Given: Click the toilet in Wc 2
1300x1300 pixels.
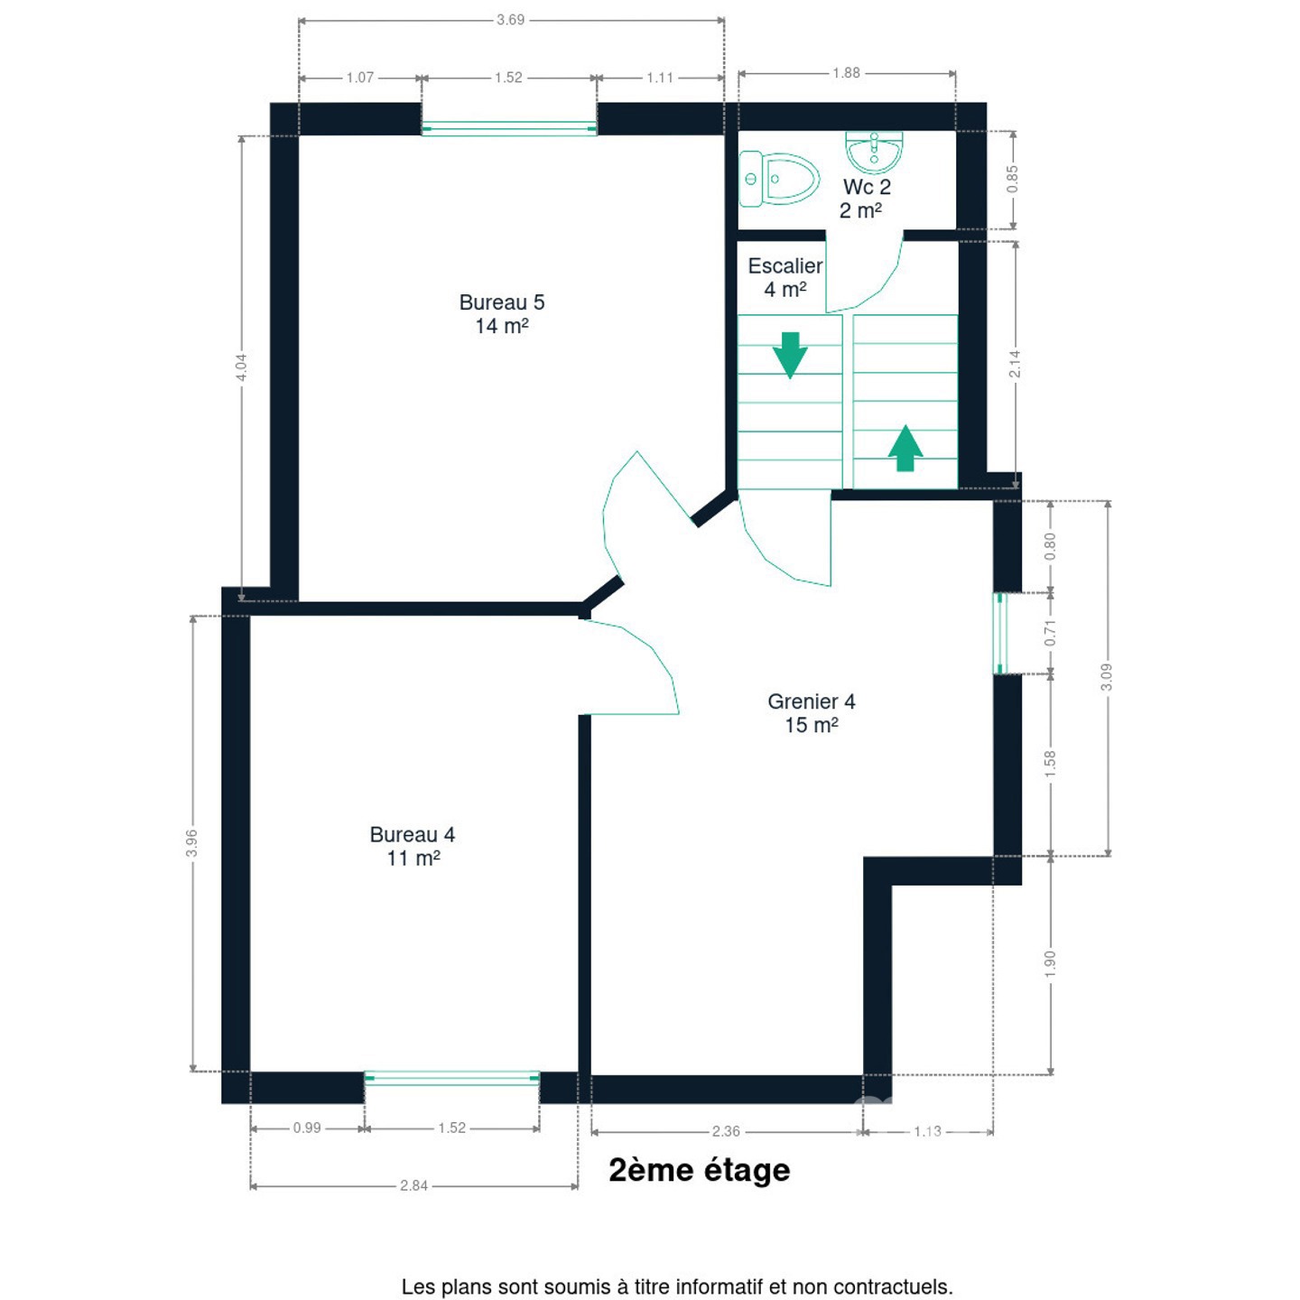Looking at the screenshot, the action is [x=778, y=179].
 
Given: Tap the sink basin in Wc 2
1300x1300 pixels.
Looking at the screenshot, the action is [x=874, y=153].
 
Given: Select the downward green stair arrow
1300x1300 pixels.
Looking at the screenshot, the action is [x=789, y=355].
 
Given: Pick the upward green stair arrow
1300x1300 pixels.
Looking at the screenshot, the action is [x=905, y=448].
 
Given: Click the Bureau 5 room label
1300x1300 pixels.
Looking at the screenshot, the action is [x=501, y=313].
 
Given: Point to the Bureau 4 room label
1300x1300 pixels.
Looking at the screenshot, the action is [x=413, y=846].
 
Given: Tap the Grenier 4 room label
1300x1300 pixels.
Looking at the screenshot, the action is [x=811, y=713].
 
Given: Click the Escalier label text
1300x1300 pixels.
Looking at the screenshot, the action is [x=785, y=265].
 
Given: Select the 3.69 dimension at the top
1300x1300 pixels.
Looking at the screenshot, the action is [x=510, y=20].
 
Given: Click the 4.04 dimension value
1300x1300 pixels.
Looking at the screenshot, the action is [x=241, y=367].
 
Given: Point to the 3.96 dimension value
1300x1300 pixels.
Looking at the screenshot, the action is [x=192, y=843].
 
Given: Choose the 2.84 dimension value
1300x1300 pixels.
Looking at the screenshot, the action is [x=413, y=1186].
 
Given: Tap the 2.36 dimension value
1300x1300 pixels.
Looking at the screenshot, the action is [x=726, y=1131].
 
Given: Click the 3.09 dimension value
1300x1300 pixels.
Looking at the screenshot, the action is [x=1106, y=677].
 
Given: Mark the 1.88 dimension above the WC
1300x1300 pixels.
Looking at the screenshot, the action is [x=846, y=73].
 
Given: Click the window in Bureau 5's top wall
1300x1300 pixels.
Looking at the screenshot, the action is [x=509, y=128].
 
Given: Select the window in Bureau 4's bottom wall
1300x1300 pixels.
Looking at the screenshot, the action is [x=452, y=1079].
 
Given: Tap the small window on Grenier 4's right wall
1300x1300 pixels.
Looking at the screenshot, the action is [x=999, y=634].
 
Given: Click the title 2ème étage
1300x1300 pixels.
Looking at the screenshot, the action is [x=700, y=1171].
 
